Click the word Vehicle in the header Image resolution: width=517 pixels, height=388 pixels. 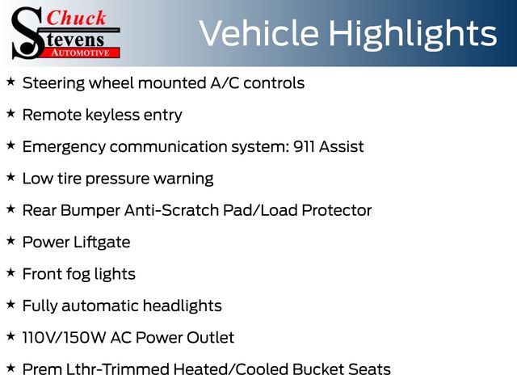259,33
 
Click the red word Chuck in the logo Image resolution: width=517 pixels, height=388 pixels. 76,18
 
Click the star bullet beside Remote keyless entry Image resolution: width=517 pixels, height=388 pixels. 11,113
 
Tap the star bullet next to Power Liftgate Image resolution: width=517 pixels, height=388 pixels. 11,241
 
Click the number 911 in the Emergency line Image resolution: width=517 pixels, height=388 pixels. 304,146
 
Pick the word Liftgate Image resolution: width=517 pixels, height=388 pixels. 102,242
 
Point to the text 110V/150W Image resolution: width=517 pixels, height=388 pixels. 64,338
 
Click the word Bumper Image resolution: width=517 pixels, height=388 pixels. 90,211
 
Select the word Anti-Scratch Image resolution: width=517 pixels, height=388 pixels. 171,210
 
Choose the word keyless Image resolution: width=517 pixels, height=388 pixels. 112,116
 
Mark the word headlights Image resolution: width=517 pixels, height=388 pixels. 183,306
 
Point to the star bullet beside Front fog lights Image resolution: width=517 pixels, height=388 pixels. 11,272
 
